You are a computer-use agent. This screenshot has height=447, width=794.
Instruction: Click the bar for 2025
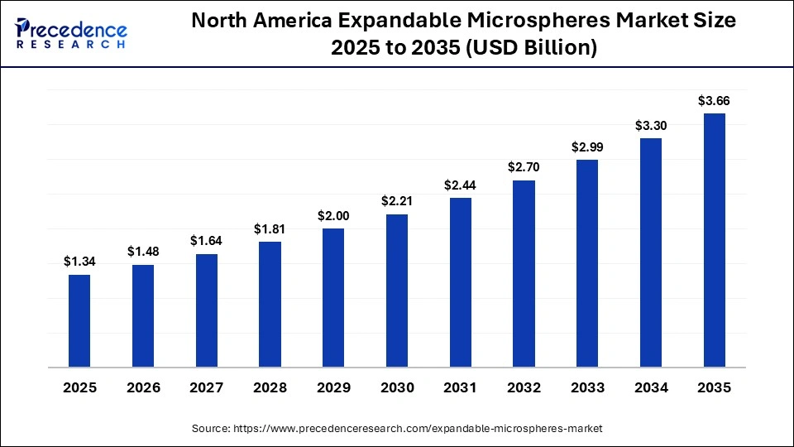click(x=79, y=320)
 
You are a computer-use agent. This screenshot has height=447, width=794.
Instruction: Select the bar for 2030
click(x=397, y=291)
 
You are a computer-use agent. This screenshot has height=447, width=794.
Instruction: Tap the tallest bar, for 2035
click(x=715, y=240)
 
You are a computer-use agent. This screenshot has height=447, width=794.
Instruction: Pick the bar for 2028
click(x=270, y=304)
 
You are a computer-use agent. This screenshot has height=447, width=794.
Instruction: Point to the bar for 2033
click(x=587, y=263)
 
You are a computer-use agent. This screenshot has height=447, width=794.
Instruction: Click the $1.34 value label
click(x=79, y=262)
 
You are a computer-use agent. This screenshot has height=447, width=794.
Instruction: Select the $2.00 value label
click(x=333, y=215)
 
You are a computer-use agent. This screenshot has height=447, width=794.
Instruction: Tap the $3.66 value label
click(x=715, y=101)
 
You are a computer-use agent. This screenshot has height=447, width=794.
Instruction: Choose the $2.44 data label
click(x=461, y=185)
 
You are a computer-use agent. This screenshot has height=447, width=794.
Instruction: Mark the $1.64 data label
click(x=207, y=241)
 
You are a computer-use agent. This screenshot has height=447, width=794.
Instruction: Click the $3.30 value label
click(x=651, y=126)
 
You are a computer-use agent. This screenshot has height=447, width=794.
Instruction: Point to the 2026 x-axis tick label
click(x=143, y=387)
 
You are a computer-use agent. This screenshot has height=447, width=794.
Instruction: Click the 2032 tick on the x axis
click(x=524, y=387)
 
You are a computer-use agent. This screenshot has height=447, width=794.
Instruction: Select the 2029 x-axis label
click(x=333, y=387)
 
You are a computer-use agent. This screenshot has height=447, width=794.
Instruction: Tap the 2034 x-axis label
click(x=651, y=387)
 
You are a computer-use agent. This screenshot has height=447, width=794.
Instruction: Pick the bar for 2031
click(x=461, y=282)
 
